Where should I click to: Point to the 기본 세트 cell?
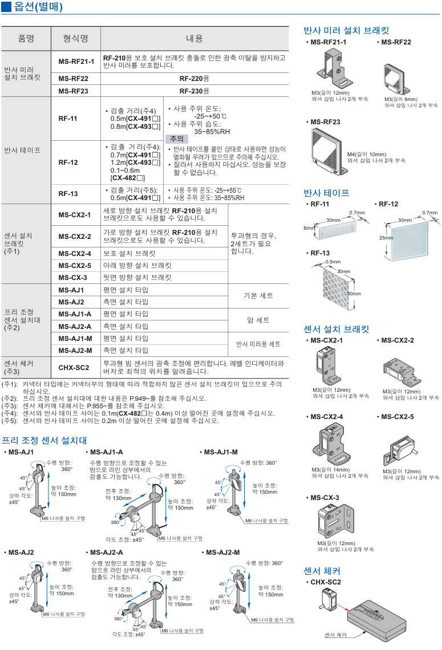tap(258, 295)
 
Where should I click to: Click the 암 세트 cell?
tap(258, 320)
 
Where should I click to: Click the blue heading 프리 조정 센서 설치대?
tap(44, 440)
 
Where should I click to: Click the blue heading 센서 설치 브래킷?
tap(336, 329)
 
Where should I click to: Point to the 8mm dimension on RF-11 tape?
tap(309, 228)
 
